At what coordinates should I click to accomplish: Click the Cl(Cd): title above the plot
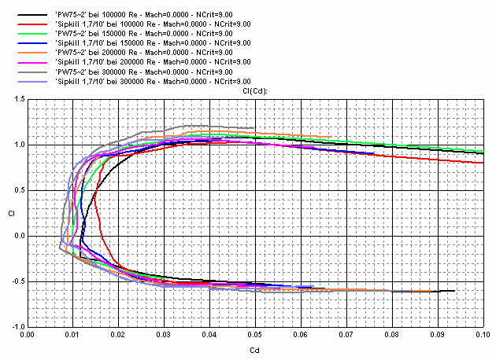(255, 91)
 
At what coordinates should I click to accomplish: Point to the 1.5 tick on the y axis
(20, 99)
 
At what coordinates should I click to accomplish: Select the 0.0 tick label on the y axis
(20, 236)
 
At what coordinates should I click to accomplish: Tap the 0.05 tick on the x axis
(255, 334)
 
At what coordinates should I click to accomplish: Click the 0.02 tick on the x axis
(118, 334)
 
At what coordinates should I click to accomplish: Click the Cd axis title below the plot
(255, 349)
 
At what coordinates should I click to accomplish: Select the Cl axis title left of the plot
(10, 213)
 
